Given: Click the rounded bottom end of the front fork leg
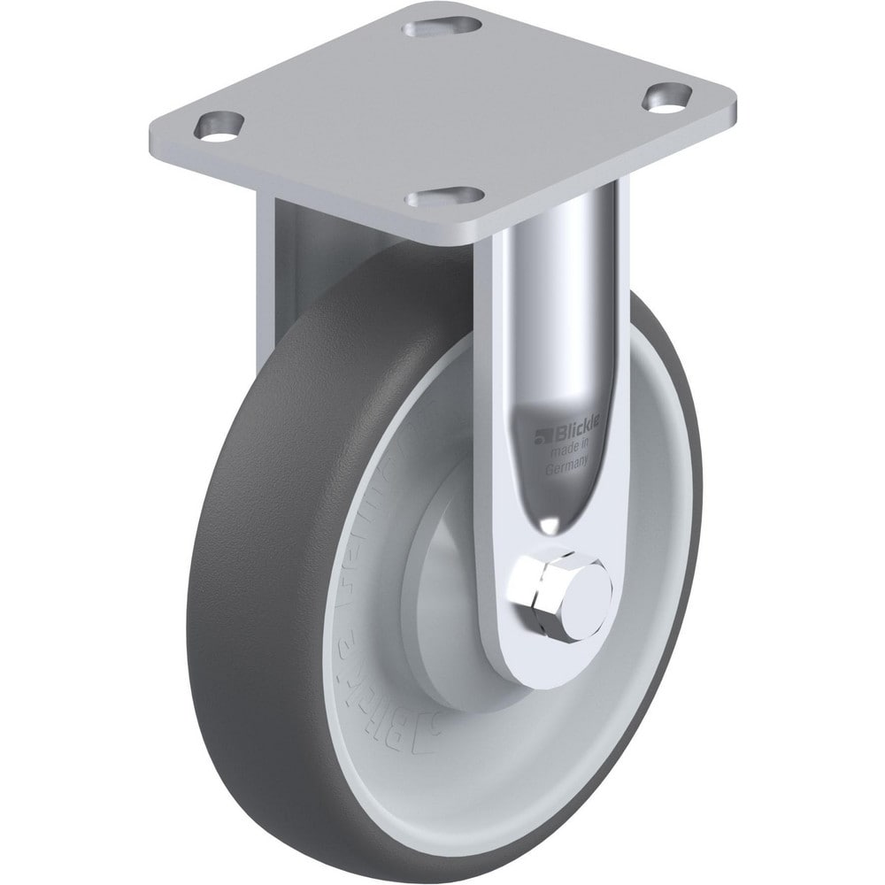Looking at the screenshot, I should (540, 655).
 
